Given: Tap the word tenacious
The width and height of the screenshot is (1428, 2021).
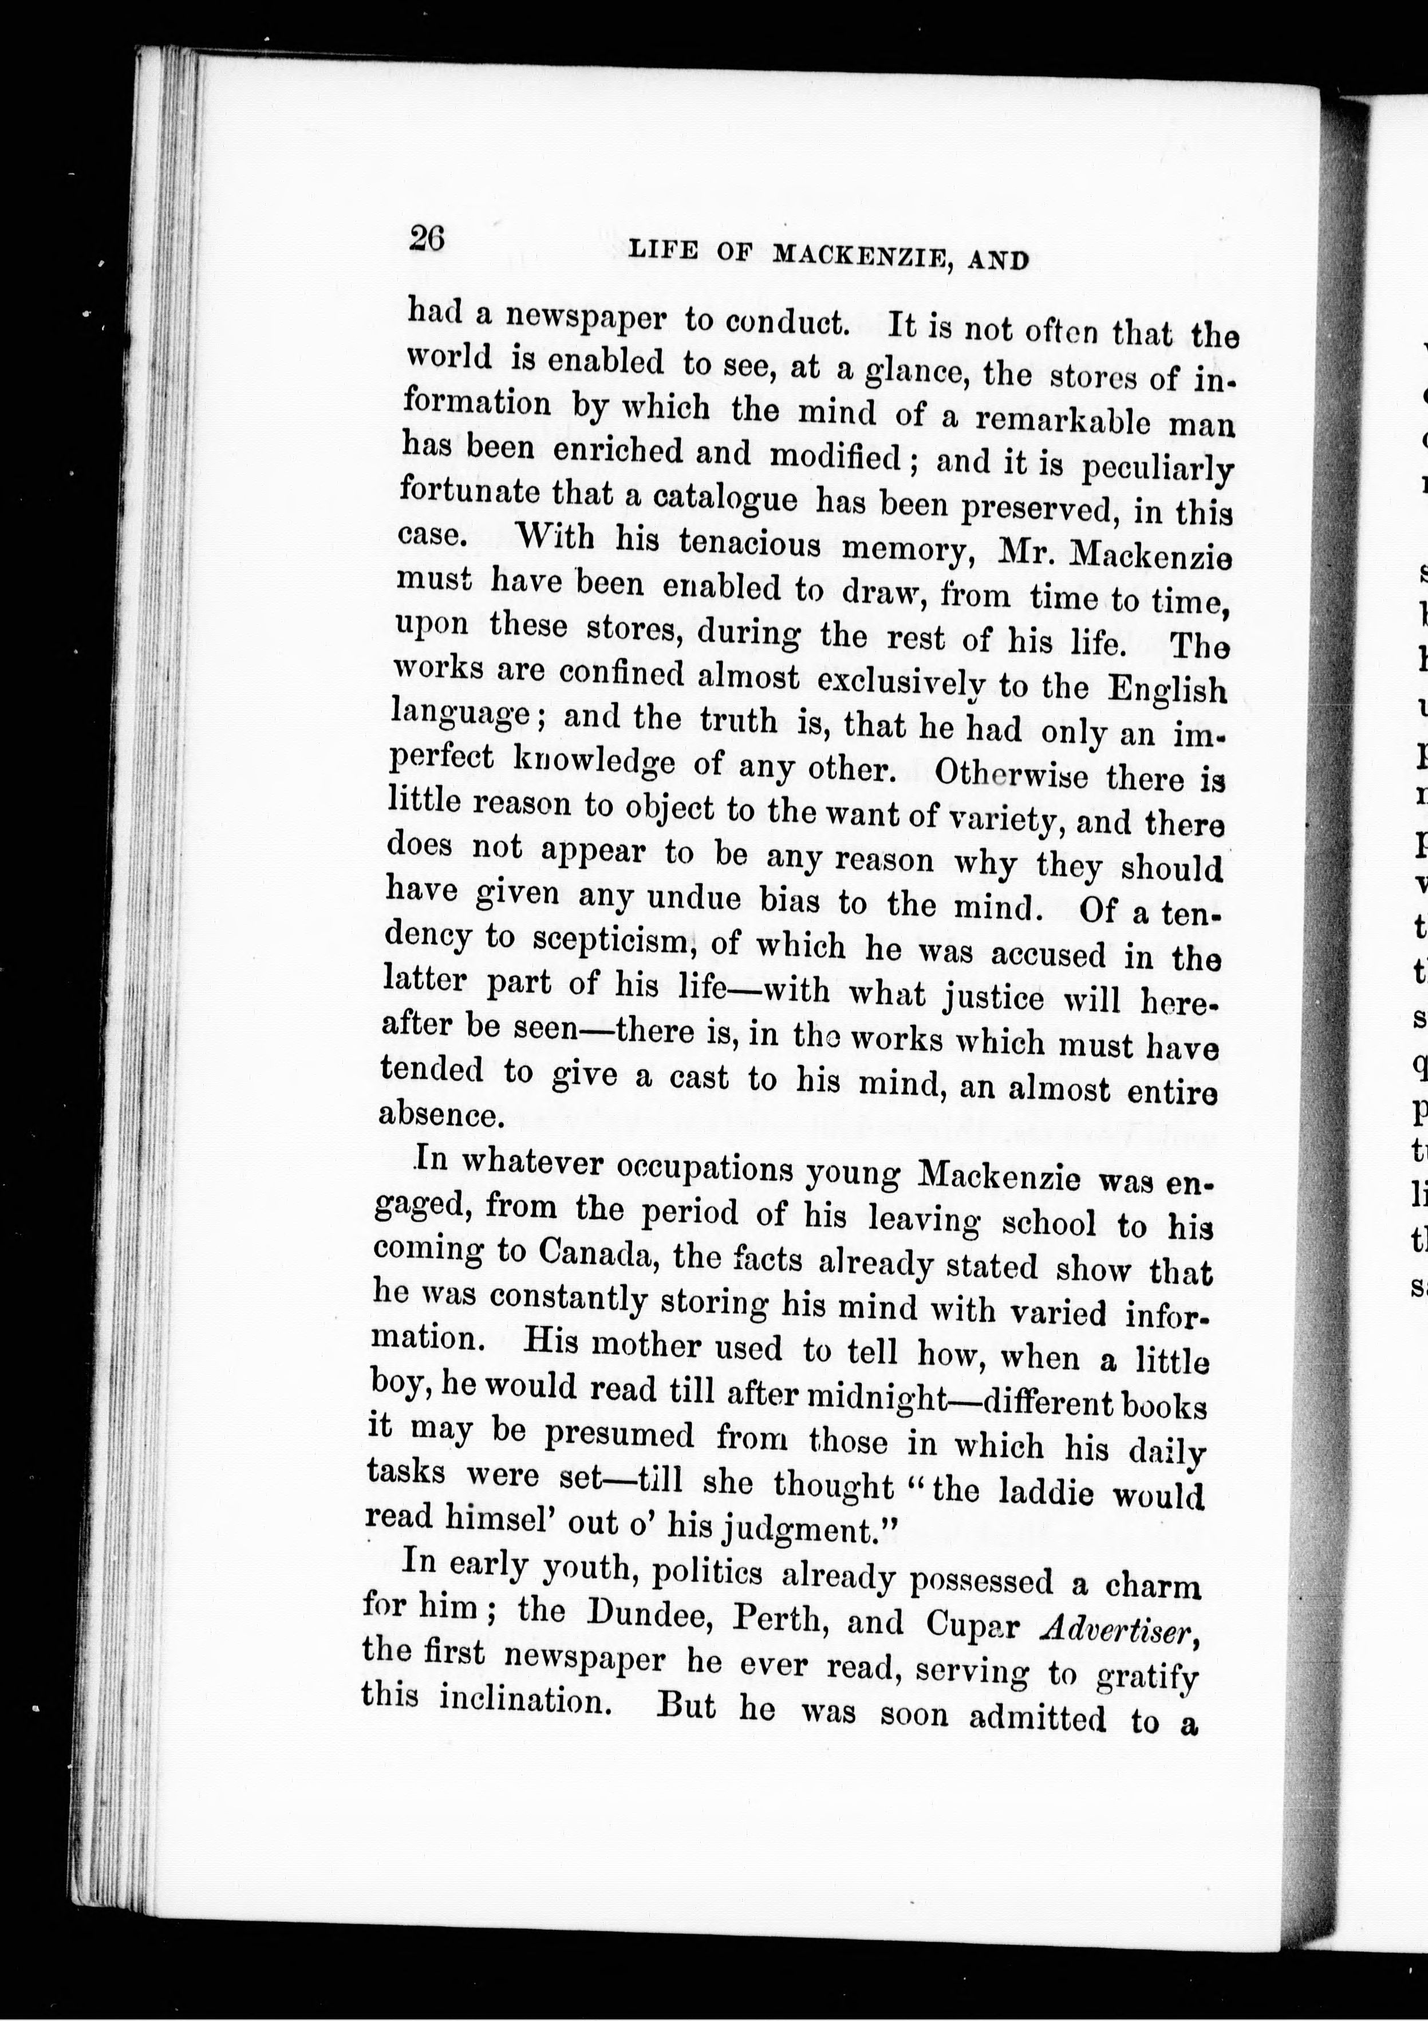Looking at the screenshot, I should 749,543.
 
